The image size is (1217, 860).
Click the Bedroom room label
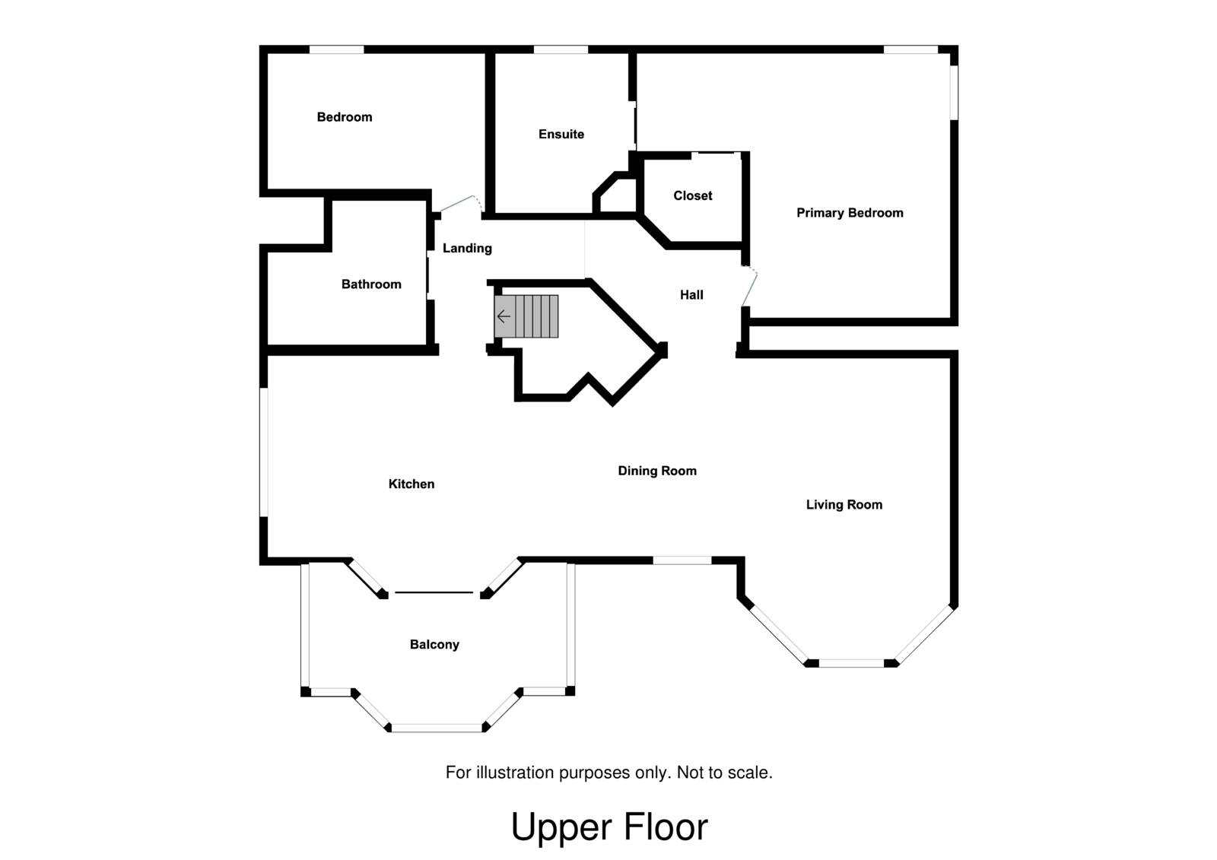(x=345, y=117)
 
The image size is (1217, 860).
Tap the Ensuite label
(x=561, y=134)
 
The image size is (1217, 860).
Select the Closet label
(x=693, y=195)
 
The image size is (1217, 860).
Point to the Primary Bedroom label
(x=850, y=213)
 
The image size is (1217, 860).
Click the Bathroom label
(x=371, y=284)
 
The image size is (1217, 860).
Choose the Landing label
(x=467, y=249)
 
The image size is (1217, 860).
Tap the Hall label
(x=691, y=295)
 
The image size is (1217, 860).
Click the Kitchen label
(x=411, y=484)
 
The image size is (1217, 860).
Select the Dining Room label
(x=657, y=471)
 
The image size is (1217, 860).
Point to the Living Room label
(x=844, y=505)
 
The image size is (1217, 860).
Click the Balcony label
(x=434, y=644)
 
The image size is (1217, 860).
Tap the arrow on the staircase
(x=504, y=316)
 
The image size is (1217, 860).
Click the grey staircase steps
(x=526, y=316)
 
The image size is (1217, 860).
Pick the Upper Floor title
(x=609, y=827)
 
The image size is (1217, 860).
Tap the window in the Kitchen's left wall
(x=263, y=452)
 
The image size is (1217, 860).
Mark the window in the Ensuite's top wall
(x=561, y=49)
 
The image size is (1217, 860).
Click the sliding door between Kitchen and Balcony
(x=434, y=592)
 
